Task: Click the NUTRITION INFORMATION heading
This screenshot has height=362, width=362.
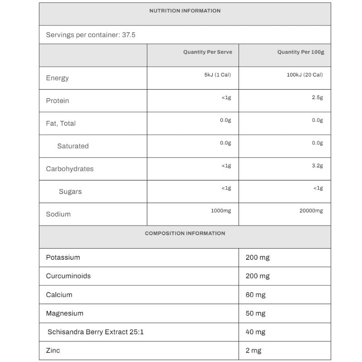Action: coord(185,11)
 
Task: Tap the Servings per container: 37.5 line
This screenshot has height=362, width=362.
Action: coord(90,34)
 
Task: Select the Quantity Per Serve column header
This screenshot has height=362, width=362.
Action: coord(207,52)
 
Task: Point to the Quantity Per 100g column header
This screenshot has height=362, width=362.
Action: coord(300,52)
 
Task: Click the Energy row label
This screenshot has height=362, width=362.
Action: coord(57,78)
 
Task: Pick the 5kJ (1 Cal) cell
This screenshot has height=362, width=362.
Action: coord(217,75)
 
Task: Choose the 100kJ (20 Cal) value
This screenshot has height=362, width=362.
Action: coord(305,75)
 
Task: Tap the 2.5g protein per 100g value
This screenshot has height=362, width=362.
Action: coord(317,97)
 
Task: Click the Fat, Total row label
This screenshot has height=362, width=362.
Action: coord(61,123)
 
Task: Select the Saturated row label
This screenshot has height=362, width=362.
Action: coord(73,146)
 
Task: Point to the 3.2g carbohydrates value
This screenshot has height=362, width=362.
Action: coord(317,166)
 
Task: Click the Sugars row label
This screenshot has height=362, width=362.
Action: coord(70,191)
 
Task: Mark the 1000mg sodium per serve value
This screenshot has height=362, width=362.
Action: coord(221,211)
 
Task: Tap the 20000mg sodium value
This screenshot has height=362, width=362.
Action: coord(311,211)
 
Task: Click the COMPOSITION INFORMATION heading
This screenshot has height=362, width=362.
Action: coord(185,233)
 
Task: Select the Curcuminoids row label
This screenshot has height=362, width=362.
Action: coord(68,276)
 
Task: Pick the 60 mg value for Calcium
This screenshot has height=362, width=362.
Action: coord(256,295)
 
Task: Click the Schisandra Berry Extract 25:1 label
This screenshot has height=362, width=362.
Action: coord(95,332)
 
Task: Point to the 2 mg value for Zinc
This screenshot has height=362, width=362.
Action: coord(253,351)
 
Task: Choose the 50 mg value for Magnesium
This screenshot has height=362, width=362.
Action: coord(256,314)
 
